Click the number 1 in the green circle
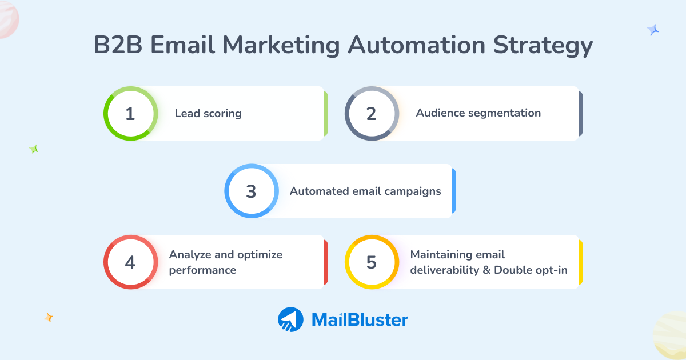pyautogui.click(x=130, y=114)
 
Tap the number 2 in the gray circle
pyautogui.click(x=372, y=114)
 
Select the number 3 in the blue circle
pyautogui.click(x=251, y=191)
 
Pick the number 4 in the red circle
pyautogui.click(x=130, y=262)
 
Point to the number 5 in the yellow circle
pyautogui.click(x=372, y=262)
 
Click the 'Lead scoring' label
pyautogui.click(x=208, y=114)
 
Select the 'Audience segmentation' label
pyautogui.click(x=478, y=113)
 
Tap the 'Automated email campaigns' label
pyautogui.click(x=365, y=191)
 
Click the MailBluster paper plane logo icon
pyautogui.click(x=290, y=319)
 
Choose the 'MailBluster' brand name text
pyautogui.click(x=360, y=320)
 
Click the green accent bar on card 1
pyautogui.click(x=325, y=114)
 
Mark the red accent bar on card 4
pyautogui.click(x=325, y=262)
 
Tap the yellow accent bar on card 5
pyautogui.click(x=580, y=262)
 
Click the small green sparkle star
pyautogui.click(x=34, y=149)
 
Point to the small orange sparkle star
pyautogui.click(x=49, y=317)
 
